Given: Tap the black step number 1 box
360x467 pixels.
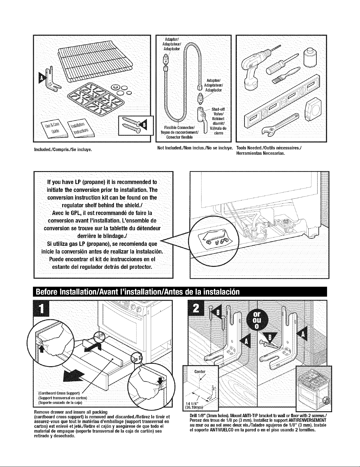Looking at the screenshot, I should [x=42, y=308].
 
